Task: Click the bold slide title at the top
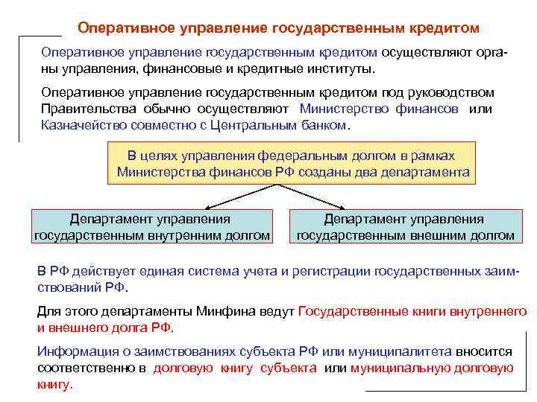click(x=279, y=28)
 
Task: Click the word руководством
click(x=449, y=92)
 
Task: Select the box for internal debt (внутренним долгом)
click(x=152, y=227)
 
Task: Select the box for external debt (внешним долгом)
click(x=406, y=227)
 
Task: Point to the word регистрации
click(x=333, y=270)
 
